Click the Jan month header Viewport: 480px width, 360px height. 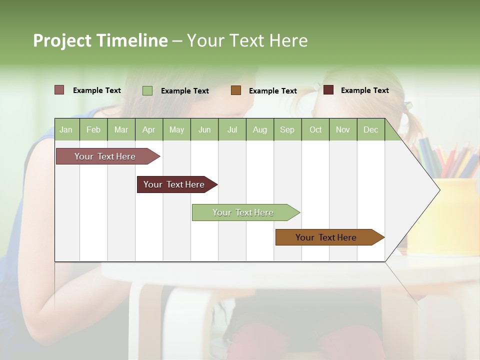pos(66,129)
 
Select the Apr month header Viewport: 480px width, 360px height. pos(148,129)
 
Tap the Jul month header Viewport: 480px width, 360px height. pos(232,129)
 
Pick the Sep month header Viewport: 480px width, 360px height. pos(287,129)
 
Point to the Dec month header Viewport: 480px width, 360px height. pos(370,129)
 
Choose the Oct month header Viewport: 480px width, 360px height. pos(315,129)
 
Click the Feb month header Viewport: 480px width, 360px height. pos(93,129)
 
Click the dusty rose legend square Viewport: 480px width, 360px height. pos(59,90)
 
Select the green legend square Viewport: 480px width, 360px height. pos(147,90)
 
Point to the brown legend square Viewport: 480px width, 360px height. pos(236,90)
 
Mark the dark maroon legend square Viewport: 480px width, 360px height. pos(328,90)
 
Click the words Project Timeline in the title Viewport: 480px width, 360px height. pos(100,40)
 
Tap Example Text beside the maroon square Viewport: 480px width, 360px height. pos(364,90)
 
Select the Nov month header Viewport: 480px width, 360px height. pos(342,129)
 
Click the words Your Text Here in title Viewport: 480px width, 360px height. pos(247,40)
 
